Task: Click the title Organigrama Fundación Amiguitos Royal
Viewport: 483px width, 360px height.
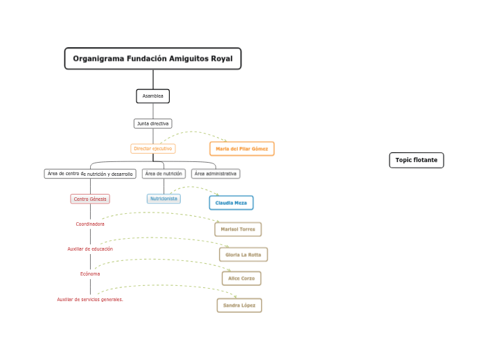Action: pyautogui.click(x=152, y=59)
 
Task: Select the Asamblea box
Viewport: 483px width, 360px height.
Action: pyautogui.click(x=152, y=96)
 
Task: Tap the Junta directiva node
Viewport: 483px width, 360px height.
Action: pyautogui.click(x=152, y=123)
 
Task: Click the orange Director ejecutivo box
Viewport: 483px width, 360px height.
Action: pyautogui.click(x=153, y=148)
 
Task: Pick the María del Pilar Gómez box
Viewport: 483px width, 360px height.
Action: pyautogui.click(x=242, y=149)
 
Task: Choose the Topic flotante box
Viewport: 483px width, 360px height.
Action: pyautogui.click(x=416, y=160)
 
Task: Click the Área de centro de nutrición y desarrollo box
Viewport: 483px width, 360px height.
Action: pyautogui.click(x=90, y=174)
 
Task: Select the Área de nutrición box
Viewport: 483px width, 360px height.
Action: pyautogui.click(x=164, y=174)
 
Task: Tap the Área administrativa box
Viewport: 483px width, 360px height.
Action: pyautogui.click(x=216, y=174)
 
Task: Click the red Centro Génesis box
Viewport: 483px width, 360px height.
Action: pyautogui.click(x=90, y=199)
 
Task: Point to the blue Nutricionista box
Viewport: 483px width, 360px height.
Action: pyautogui.click(x=164, y=199)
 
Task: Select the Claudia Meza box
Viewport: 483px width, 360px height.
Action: pyautogui.click(x=231, y=203)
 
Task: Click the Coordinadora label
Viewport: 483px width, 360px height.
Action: pyautogui.click(x=90, y=224)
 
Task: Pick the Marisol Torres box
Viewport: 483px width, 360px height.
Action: pyautogui.click(x=238, y=229)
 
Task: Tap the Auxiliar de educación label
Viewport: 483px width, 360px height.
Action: pyautogui.click(x=90, y=249)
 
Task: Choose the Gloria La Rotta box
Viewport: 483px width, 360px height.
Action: pyautogui.click(x=243, y=255)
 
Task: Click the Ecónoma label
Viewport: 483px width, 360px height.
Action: pyautogui.click(x=90, y=273)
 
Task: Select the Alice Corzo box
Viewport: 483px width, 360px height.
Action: pyautogui.click(x=241, y=278)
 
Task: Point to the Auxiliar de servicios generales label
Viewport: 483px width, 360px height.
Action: pyautogui.click(x=90, y=299)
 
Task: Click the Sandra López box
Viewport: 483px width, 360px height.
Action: pyautogui.click(x=240, y=305)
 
